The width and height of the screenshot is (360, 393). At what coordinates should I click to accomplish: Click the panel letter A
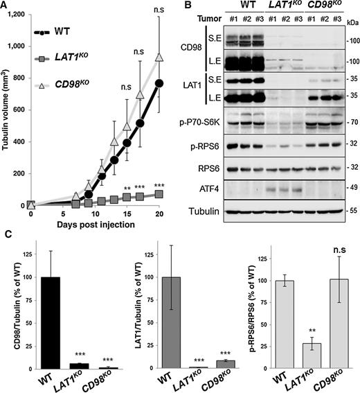[5, 6]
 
